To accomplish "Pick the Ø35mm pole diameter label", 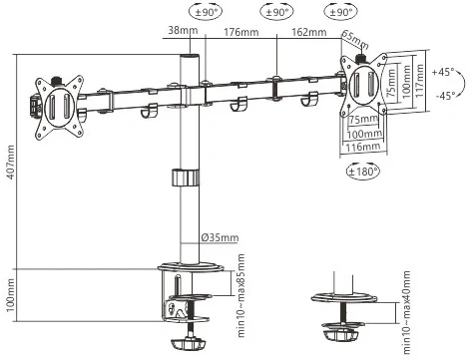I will (x=219, y=237).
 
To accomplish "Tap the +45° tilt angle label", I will (x=444, y=72).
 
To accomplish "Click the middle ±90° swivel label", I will (x=272, y=13).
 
